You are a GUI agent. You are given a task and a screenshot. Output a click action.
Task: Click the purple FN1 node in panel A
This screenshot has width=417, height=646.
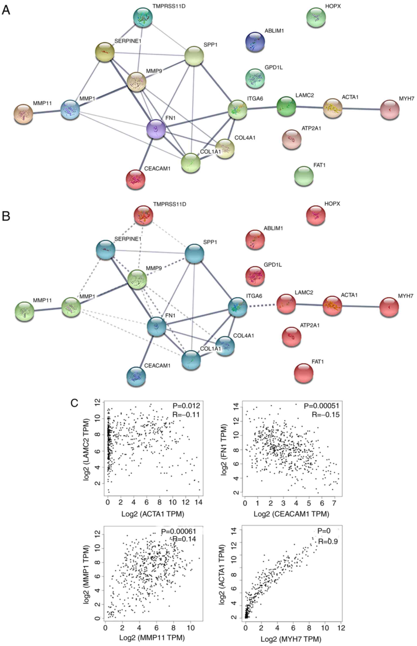point(156,129)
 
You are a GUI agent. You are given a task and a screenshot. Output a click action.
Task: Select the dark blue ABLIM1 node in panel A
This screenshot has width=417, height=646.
point(255,41)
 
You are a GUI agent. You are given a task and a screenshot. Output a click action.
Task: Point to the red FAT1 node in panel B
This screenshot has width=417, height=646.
point(304,373)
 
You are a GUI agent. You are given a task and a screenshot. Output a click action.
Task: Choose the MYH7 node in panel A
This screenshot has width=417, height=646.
point(390,110)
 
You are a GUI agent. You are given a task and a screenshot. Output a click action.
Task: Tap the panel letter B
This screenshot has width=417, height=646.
point(6,216)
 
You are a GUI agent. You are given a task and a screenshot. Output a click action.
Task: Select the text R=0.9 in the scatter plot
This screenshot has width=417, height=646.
point(328,541)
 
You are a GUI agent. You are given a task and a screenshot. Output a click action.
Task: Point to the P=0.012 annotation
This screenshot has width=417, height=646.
point(186,406)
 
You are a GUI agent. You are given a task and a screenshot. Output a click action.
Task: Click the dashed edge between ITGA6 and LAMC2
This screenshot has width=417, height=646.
point(262,306)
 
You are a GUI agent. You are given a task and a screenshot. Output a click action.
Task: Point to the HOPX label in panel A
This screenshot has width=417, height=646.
point(333,6)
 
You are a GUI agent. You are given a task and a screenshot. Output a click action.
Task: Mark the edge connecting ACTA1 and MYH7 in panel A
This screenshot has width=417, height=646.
point(361,109)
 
